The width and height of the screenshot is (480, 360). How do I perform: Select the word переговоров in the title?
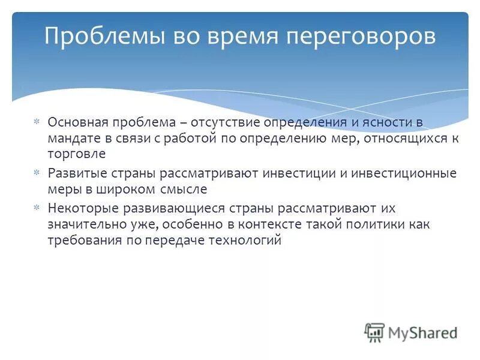click(360, 37)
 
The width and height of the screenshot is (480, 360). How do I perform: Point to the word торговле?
click(76, 154)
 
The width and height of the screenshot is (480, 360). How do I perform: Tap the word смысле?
click(184, 189)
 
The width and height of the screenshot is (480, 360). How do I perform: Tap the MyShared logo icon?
click(374, 332)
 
